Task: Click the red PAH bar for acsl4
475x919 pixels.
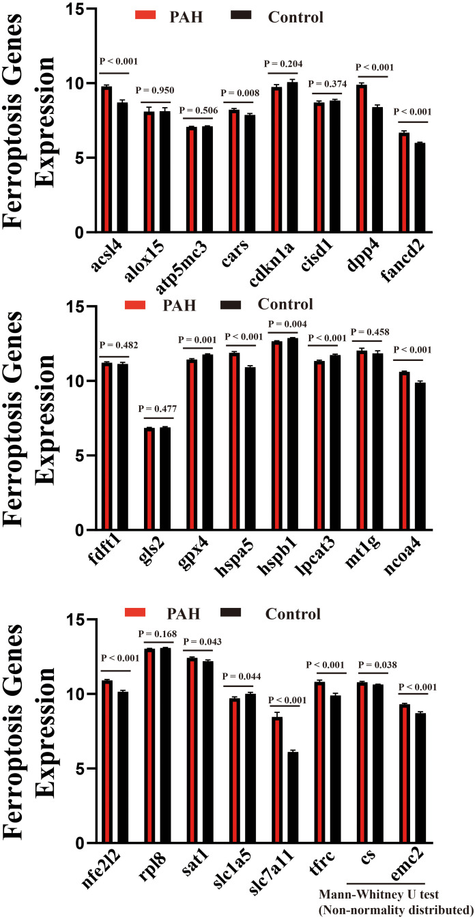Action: [106, 160]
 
